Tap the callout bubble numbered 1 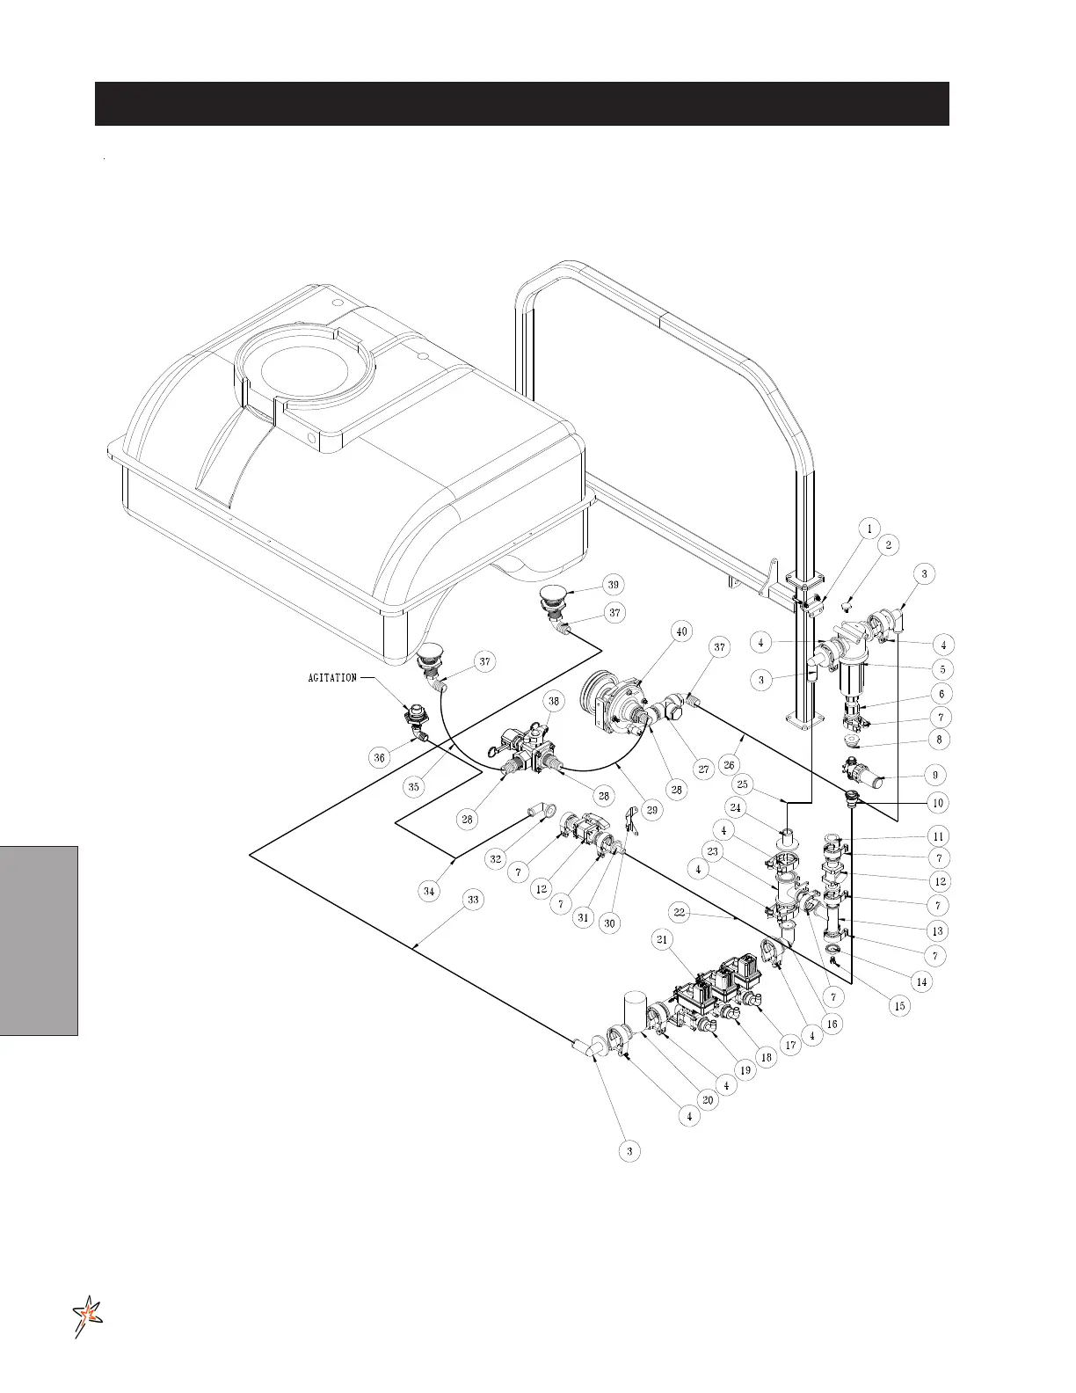point(869,529)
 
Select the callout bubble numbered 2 point(889,545)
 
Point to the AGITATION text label point(332,678)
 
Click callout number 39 point(613,585)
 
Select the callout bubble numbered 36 point(379,756)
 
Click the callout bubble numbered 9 point(934,775)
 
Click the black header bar point(521,104)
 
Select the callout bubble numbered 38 point(554,701)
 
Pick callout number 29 point(651,811)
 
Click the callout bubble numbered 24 point(735,806)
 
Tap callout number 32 point(496,859)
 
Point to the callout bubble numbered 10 point(937,802)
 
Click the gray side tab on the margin point(40,940)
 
